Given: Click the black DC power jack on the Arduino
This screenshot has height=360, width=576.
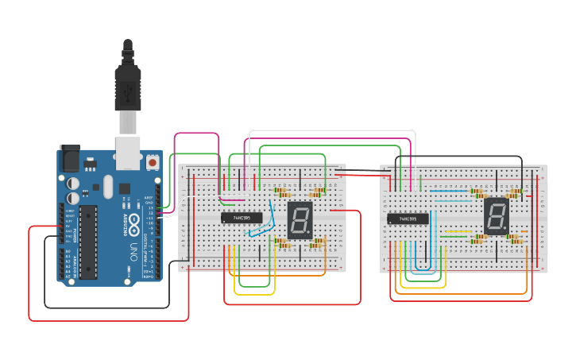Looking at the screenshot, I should tap(70, 159).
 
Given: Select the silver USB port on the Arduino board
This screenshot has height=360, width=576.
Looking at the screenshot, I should tap(128, 153).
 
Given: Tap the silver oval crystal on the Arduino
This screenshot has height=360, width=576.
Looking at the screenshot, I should tap(108, 188).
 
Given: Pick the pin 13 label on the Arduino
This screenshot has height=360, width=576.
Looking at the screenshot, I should tap(149, 208).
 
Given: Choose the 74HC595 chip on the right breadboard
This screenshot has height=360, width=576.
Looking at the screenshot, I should tap(408, 219).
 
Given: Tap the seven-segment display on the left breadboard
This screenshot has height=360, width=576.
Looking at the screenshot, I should tap(301, 219).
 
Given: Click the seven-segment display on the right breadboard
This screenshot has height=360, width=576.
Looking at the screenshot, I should tap(496, 215).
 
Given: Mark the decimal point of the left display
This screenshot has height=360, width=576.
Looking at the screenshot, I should tap(311, 234).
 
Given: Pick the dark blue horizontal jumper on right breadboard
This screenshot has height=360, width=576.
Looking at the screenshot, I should tap(445, 192).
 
